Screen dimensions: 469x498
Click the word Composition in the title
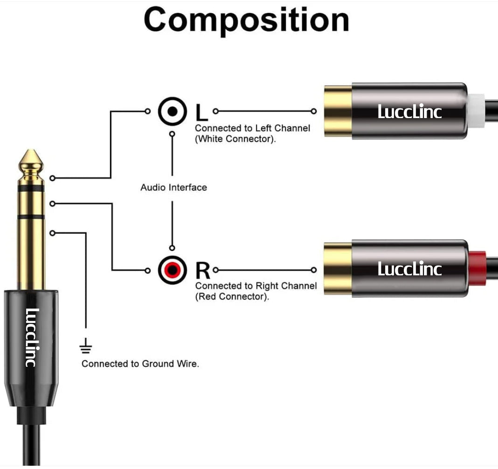coord(246,20)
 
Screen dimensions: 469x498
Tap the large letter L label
coord(201,112)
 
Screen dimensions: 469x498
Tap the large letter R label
coord(202,270)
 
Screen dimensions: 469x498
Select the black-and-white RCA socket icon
coord(173,112)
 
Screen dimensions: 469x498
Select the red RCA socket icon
coord(173,270)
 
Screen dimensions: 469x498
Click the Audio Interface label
coord(173,188)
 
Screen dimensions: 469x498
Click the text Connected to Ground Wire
coord(140,364)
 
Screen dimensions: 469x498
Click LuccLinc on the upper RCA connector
coord(409,112)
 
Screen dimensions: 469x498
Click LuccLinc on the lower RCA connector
coord(409,269)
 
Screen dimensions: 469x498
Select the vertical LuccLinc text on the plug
coord(32,337)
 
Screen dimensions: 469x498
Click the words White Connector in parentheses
coord(235,139)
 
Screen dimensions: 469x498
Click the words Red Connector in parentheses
coord(232,297)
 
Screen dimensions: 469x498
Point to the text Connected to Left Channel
coord(252,128)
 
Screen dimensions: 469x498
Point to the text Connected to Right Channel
coord(256,286)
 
